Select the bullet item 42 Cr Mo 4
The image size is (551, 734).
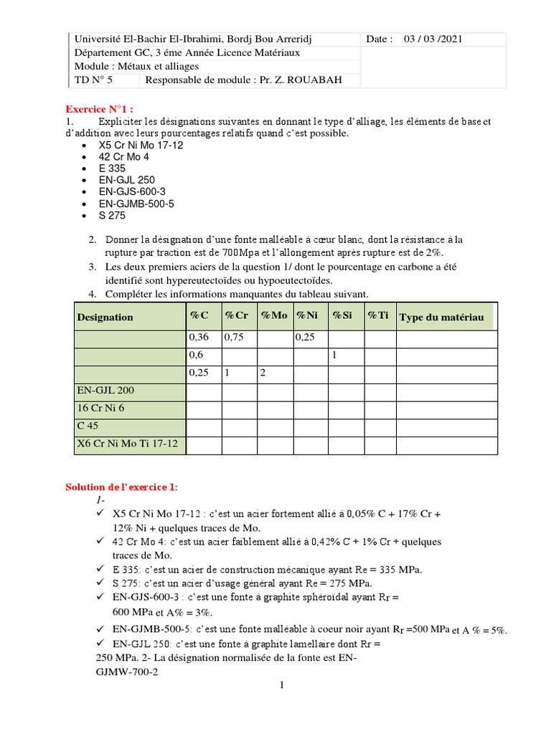pyautogui.click(x=124, y=156)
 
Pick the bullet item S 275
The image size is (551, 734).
pyautogui.click(x=112, y=215)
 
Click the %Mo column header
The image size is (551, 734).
pyautogui.click(x=274, y=317)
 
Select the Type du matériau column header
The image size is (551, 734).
pyautogui.click(x=441, y=317)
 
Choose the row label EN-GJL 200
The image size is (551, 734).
pyautogui.click(x=105, y=391)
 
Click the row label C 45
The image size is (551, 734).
pyautogui.click(x=87, y=426)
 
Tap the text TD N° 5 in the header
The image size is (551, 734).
pyautogui.click(x=94, y=80)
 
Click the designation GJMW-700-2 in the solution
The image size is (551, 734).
pyautogui.click(x=126, y=672)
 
